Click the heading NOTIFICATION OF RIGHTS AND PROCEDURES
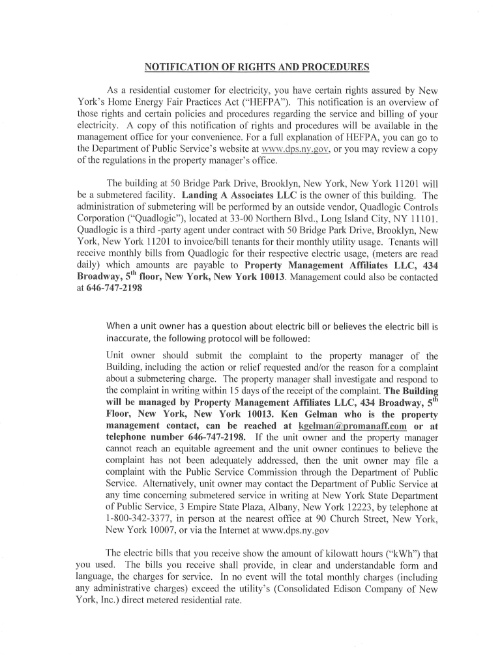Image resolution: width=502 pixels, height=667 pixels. point(256,67)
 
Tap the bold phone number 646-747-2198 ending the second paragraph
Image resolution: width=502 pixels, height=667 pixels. point(114,289)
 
